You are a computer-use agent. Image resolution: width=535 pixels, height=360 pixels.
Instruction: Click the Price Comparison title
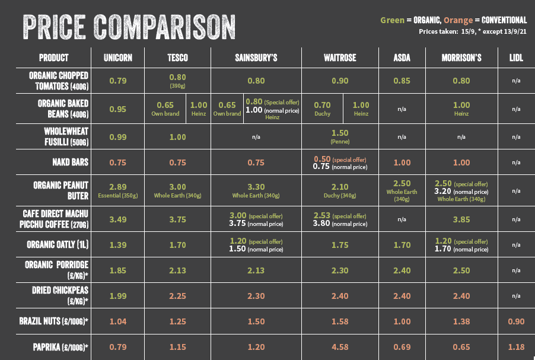point(128,26)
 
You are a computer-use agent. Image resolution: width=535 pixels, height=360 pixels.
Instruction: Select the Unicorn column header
point(118,58)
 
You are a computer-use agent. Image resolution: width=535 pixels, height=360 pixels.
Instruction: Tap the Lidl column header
point(516,58)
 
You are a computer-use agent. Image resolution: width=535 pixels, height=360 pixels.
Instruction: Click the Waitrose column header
point(340,58)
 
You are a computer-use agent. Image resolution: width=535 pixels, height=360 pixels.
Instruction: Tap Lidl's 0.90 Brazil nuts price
point(516,321)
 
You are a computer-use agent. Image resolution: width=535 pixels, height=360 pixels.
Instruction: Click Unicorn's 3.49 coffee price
point(118,219)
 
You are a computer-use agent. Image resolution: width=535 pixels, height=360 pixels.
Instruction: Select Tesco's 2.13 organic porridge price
point(177,270)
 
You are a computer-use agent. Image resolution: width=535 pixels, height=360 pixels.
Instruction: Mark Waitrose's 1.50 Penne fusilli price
point(340,133)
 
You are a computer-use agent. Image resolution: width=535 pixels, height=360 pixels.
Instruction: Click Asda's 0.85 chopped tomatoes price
point(402,81)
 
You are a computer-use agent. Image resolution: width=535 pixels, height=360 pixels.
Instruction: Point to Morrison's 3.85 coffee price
point(461,219)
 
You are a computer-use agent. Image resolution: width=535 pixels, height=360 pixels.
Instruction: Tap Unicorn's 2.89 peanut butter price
point(118,186)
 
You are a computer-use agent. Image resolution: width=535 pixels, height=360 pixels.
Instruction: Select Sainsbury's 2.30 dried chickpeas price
point(256,296)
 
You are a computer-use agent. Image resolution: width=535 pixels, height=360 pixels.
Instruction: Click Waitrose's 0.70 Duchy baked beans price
point(322,104)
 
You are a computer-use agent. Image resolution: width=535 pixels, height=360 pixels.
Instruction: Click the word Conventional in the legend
point(499,20)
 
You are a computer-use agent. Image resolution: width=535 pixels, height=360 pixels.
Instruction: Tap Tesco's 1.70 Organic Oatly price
point(177,244)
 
